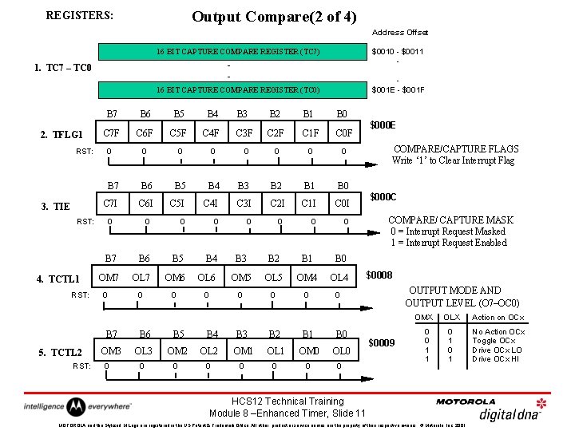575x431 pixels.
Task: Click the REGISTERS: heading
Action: point(80,15)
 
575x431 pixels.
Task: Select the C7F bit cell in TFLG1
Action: point(112,132)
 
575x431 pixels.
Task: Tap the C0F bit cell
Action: point(343,132)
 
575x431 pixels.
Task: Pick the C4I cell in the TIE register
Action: point(212,204)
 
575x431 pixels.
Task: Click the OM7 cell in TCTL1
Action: point(109,277)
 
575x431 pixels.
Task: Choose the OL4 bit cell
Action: point(339,277)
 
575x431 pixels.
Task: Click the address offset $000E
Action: point(384,125)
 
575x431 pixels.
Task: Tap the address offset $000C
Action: point(384,197)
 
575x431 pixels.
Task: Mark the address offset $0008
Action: point(379,275)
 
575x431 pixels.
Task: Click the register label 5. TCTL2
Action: point(61,353)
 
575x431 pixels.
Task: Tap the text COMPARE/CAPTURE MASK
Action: point(450,220)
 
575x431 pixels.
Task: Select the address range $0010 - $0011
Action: point(397,52)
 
